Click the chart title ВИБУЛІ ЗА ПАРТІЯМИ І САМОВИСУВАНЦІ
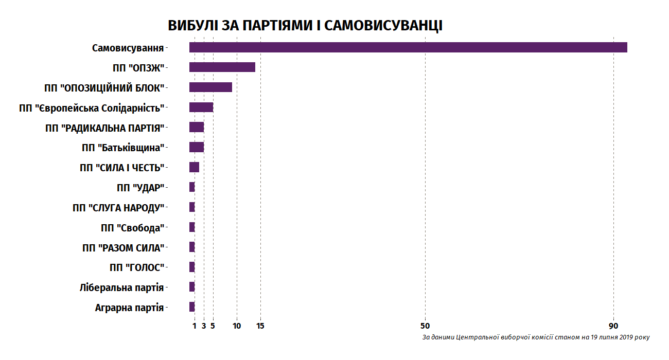tap(305, 26)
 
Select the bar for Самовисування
tap(408, 47)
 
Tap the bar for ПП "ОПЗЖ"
tap(222, 67)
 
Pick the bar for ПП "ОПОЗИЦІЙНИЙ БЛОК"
tap(210, 87)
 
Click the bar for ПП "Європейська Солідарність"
tap(201, 107)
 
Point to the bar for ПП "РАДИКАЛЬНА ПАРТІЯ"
tap(197, 128)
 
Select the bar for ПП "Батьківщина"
tap(197, 147)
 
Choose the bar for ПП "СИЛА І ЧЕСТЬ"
tap(194, 167)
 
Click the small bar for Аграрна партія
tap(192, 307)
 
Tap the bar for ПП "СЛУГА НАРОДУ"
tap(192, 207)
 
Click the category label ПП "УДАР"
tap(140, 188)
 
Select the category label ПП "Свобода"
tap(132, 228)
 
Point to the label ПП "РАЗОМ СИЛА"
tap(123, 248)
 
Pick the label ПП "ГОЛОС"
tap(136, 267)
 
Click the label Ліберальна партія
tap(121, 287)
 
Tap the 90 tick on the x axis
tap(613, 326)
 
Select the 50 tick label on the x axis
tap(425, 326)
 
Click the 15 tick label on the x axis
tap(260, 326)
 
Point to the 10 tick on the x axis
tap(237, 326)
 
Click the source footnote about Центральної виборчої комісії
tap(536, 338)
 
